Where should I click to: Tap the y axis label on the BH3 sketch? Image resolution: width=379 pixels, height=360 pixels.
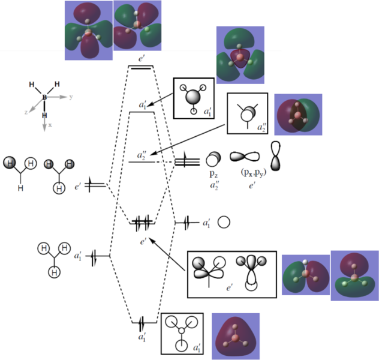(x=71, y=96)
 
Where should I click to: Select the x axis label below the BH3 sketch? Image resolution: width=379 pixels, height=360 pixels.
(x=50, y=125)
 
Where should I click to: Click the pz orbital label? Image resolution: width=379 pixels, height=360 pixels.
(x=213, y=173)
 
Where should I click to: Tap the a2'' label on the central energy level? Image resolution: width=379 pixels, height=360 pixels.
(x=142, y=155)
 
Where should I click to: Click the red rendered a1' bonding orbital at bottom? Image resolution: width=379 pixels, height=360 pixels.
(x=235, y=336)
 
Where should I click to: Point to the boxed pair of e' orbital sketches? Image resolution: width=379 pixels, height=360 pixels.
(x=231, y=274)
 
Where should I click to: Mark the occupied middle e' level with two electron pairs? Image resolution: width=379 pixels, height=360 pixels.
(x=143, y=223)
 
